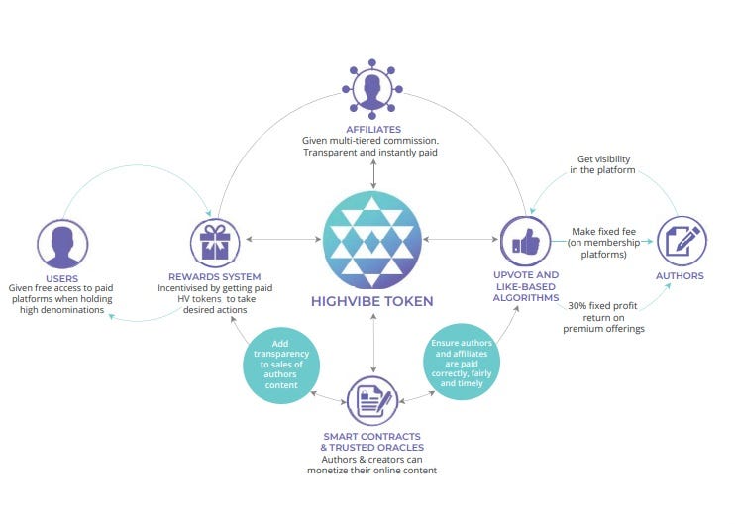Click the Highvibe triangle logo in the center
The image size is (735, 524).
coord(371,241)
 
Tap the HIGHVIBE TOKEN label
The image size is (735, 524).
coord(372,301)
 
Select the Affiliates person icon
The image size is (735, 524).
coord(372,88)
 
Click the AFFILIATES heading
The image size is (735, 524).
coord(372,129)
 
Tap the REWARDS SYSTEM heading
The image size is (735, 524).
coord(215,276)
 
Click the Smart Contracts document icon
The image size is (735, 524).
coord(372,398)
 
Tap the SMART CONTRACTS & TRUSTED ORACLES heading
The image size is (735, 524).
coord(372,442)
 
